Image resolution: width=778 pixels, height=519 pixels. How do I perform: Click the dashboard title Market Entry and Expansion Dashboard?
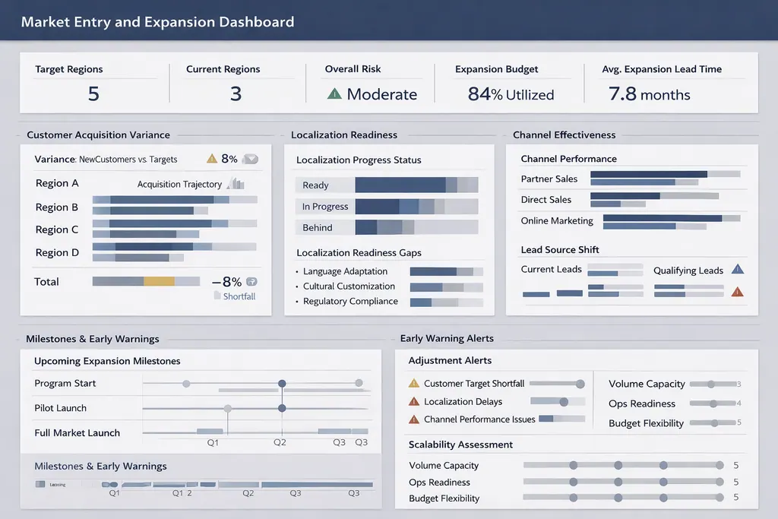click(x=157, y=21)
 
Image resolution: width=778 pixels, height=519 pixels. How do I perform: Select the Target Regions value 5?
click(x=93, y=93)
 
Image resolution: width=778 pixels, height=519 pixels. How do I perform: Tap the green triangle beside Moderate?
click(x=334, y=93)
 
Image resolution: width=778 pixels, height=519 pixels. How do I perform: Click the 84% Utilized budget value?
click(x=511, y=94)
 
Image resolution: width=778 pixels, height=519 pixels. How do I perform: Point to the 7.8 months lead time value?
click(x=649, y=94)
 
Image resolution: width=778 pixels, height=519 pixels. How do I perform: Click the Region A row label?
click(x=57, y=183)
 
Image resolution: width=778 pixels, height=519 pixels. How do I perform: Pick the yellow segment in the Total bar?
click(x=159, y=281)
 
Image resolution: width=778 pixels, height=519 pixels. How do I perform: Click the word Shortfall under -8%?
click(x=239, y=296)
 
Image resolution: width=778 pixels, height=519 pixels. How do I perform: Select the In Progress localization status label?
click(x=325, y=207)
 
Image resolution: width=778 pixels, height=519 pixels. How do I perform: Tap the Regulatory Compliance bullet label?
click(x=350, y=302)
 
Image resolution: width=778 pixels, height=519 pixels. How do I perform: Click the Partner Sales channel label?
click(x=549, y=179)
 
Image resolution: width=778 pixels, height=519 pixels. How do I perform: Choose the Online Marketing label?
click(x=557, y=221)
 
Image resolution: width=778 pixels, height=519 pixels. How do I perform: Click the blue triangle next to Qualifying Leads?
click(x=736, y=269)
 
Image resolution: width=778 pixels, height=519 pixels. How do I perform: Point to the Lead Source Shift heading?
click(x=560, y=250)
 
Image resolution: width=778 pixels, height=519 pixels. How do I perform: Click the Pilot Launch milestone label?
click(x=61, y=408)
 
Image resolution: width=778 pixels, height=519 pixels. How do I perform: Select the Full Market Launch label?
click(x=77, y=433)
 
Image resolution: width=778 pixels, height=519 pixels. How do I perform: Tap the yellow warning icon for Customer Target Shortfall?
click(x=414, y=384)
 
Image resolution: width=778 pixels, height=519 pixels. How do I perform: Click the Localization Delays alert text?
click(x=463, y=402)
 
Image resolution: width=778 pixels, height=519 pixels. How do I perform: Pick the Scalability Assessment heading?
click(x=460, y=445)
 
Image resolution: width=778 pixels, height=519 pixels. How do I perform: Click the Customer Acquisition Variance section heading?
click(x=98, y=135)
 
